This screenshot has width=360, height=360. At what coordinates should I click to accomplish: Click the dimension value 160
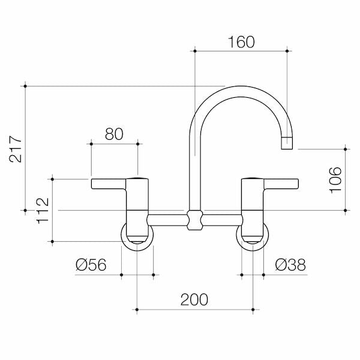click(241, 42)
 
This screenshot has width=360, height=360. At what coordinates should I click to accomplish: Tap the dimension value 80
click(114, 134)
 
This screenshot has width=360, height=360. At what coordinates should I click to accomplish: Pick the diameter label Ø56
click(91, 264)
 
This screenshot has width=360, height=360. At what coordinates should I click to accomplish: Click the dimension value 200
click(195, 299)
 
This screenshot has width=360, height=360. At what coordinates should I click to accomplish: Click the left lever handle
click(111, 184)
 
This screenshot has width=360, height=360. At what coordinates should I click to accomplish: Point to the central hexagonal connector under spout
click(194, 220)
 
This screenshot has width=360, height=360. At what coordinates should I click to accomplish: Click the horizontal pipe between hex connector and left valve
click(167, 220)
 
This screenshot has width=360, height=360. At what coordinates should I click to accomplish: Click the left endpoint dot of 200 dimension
click(137, 310)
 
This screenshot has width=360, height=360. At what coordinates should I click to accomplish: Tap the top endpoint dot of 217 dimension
click(25, 86)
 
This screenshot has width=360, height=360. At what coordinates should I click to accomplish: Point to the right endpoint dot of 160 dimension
click(288, 52)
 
